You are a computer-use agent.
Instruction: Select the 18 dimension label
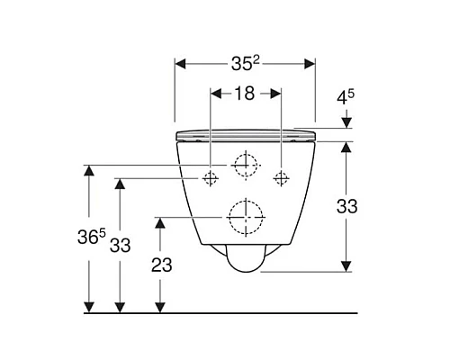pos(245,92)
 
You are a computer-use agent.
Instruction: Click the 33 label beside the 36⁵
pos(121,244)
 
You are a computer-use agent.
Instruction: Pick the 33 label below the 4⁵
pos(346,206)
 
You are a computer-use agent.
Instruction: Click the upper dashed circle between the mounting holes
pos(245,165)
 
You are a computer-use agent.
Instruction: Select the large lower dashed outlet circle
pos(244,216)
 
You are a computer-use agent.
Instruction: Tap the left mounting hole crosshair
pos(210,177)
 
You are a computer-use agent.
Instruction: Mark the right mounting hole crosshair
pos(281,177)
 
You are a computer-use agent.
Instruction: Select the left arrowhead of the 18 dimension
pos(214,92)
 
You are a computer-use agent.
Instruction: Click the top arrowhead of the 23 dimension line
pos(160,221)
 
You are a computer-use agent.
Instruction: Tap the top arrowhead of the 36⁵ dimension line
pos(89,169)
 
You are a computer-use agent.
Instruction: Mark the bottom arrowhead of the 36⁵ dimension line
pos(89,308)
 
